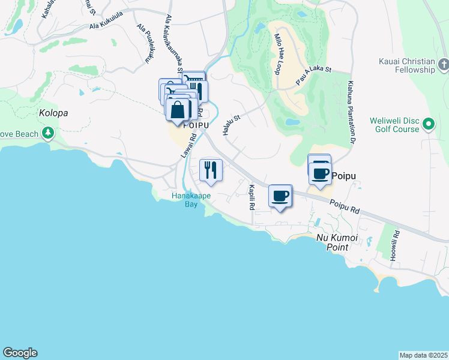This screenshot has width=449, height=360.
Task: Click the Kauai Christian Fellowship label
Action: [406, 65]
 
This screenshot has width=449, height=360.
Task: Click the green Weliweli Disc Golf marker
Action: [429, 124]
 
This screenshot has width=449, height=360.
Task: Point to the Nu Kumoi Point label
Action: [337, 243]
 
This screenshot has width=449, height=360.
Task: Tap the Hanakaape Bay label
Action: [184, 200]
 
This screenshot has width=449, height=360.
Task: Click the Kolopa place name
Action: [54, 113]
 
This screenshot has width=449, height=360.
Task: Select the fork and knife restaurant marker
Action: [210, 170]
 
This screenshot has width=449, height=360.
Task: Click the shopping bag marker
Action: [178, 110]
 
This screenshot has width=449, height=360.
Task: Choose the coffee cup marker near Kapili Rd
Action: [280, 196]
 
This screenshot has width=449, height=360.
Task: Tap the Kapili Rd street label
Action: [252, 197]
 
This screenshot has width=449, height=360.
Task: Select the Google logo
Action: [20, 353]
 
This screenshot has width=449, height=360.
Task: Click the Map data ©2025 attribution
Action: [423, 355]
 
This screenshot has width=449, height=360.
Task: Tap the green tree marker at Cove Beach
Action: [47, 134]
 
